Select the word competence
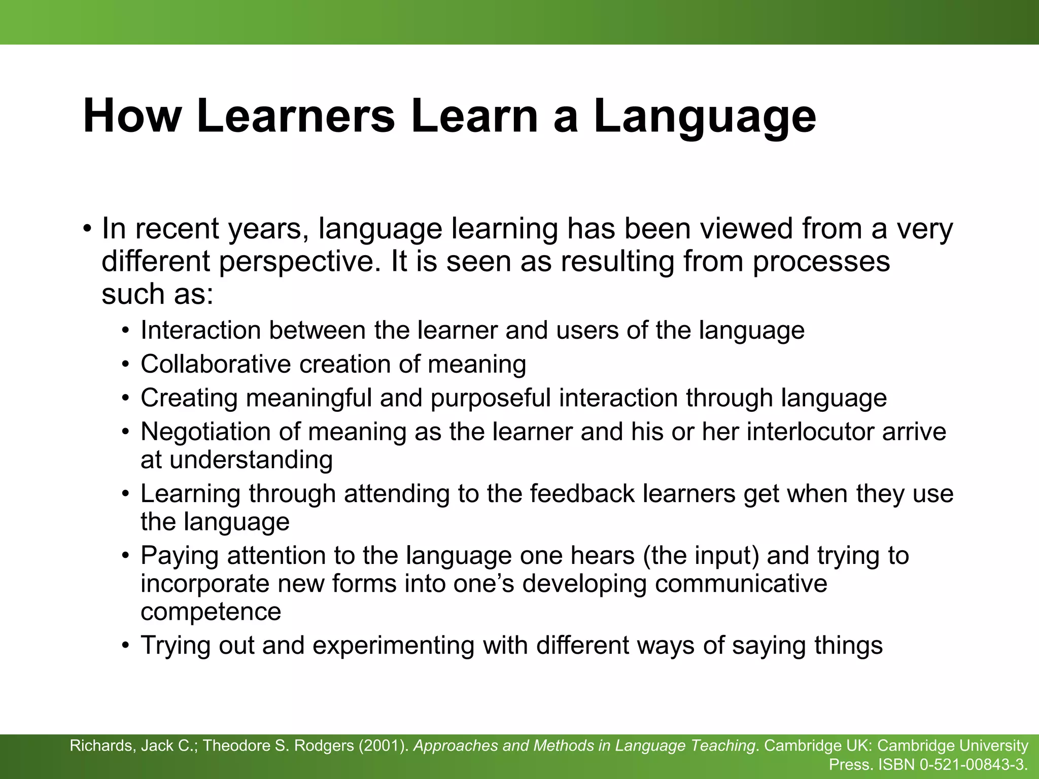[x=211, y=612]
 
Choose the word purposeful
[x=491, y=398]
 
